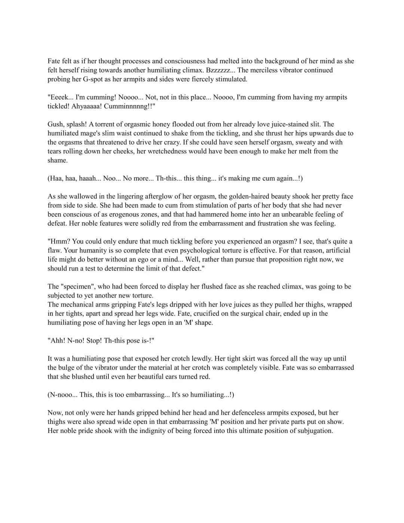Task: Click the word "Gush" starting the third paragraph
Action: click(x=55, y=125)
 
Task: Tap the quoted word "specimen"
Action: click(x=79, y=287)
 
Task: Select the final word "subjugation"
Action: click(x=315, y=431)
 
